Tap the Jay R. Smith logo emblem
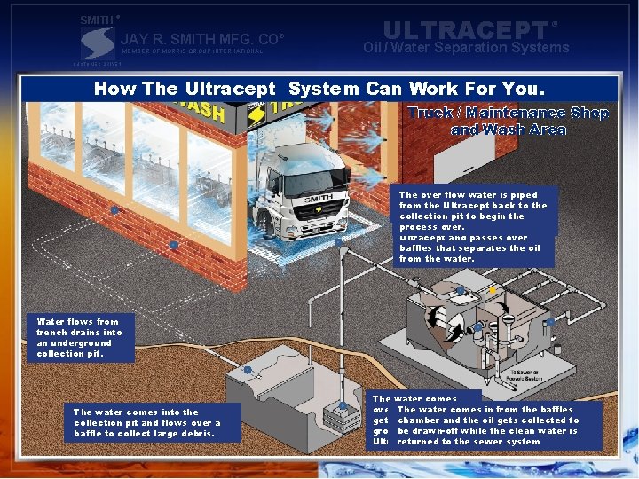pyautogui.click(x=97, y=43)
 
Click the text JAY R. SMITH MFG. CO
pyautogui.click(x=201, y=39)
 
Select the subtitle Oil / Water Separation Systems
pyautogui.click(x=466, y=48)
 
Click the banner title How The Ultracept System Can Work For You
pyautogui.click(x=319, y=89)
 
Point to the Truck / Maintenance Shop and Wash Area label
pyautogui.click(x=508, y=122)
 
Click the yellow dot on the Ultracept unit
pyautogui.click(x=491, y=290)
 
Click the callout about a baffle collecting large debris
pyautogui.click(x=146, y=423)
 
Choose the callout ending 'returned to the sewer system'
pyautogui.click(x=487, y=425)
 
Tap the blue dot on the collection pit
pyautogui.click(x=248, y=370)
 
